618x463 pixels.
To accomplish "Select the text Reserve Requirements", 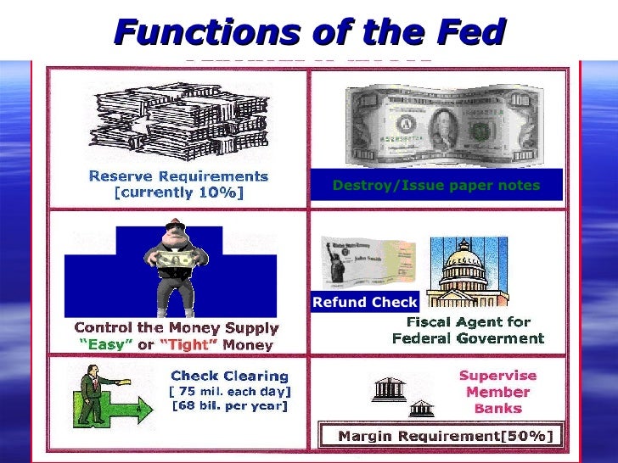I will click(x=178, y=176).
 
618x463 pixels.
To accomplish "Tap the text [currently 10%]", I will click(x=178, y=192).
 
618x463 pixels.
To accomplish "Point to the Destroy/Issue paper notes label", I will click(x=436, y=185).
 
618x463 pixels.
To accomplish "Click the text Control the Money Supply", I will click(x=177, y=327).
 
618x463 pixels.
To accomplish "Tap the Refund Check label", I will click(x=365, y=302).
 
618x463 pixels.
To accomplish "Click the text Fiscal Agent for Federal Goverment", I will click(x=468, y=330).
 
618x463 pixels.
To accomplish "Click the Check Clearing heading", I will click(x=230, y=376).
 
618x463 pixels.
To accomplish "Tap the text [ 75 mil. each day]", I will click(x=230, y=391).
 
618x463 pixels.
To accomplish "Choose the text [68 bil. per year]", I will click(x=230, y=406).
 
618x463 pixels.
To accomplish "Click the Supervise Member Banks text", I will click(x=497, y=392).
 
